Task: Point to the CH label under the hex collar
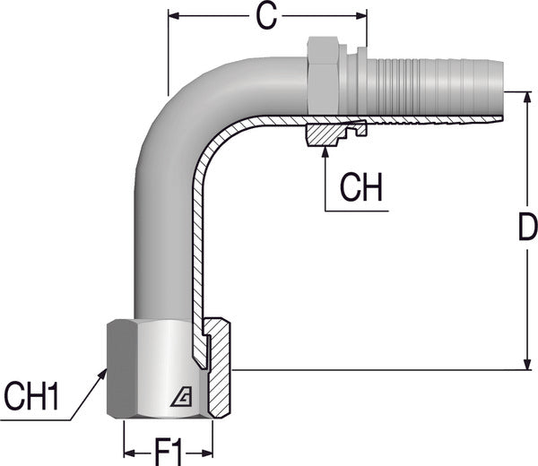[x=362, y=188]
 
